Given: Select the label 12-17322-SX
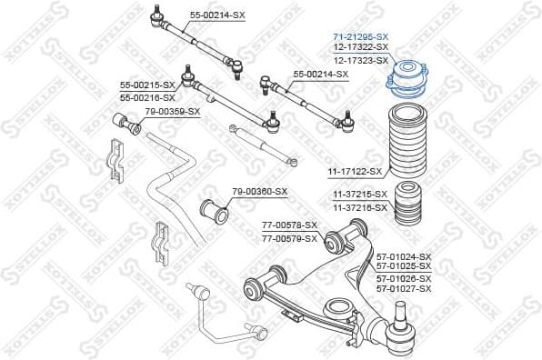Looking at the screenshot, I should (360, 46).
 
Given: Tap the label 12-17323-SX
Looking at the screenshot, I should (360, 58).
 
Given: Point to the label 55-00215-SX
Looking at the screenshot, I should (147, 85).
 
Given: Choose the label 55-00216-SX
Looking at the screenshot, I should (147, 95).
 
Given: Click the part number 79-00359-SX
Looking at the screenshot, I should (172, 111).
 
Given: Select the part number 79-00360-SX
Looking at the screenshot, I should (259, 191).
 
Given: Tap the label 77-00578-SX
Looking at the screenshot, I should (289, 225).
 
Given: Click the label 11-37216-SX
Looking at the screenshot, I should (360, 207).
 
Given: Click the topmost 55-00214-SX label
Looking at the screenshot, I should (217, 15).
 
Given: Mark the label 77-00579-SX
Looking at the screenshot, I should (289, 238).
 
